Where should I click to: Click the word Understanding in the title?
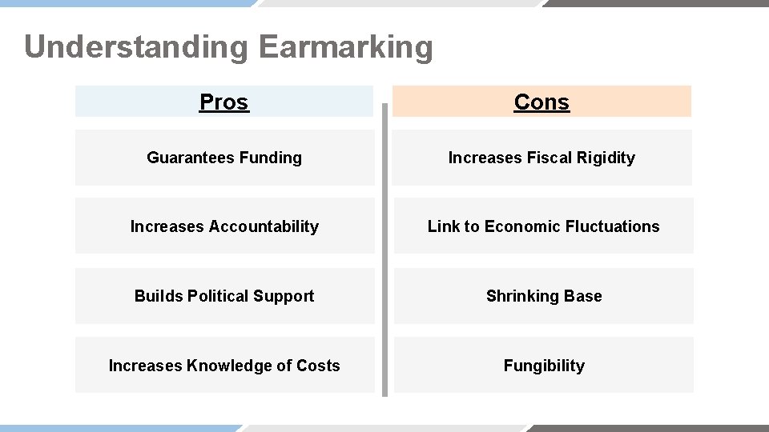[136, 47]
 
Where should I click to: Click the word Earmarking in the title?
[345, 47]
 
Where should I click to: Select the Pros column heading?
[224, 102]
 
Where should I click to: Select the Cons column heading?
[542, 102]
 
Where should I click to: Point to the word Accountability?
[264, 227]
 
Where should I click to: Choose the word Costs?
[318, 366]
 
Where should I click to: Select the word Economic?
[522, 227]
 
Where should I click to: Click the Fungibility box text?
[544, 366]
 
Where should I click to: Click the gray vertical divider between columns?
[384, 248]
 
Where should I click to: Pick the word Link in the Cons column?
[443, 227]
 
